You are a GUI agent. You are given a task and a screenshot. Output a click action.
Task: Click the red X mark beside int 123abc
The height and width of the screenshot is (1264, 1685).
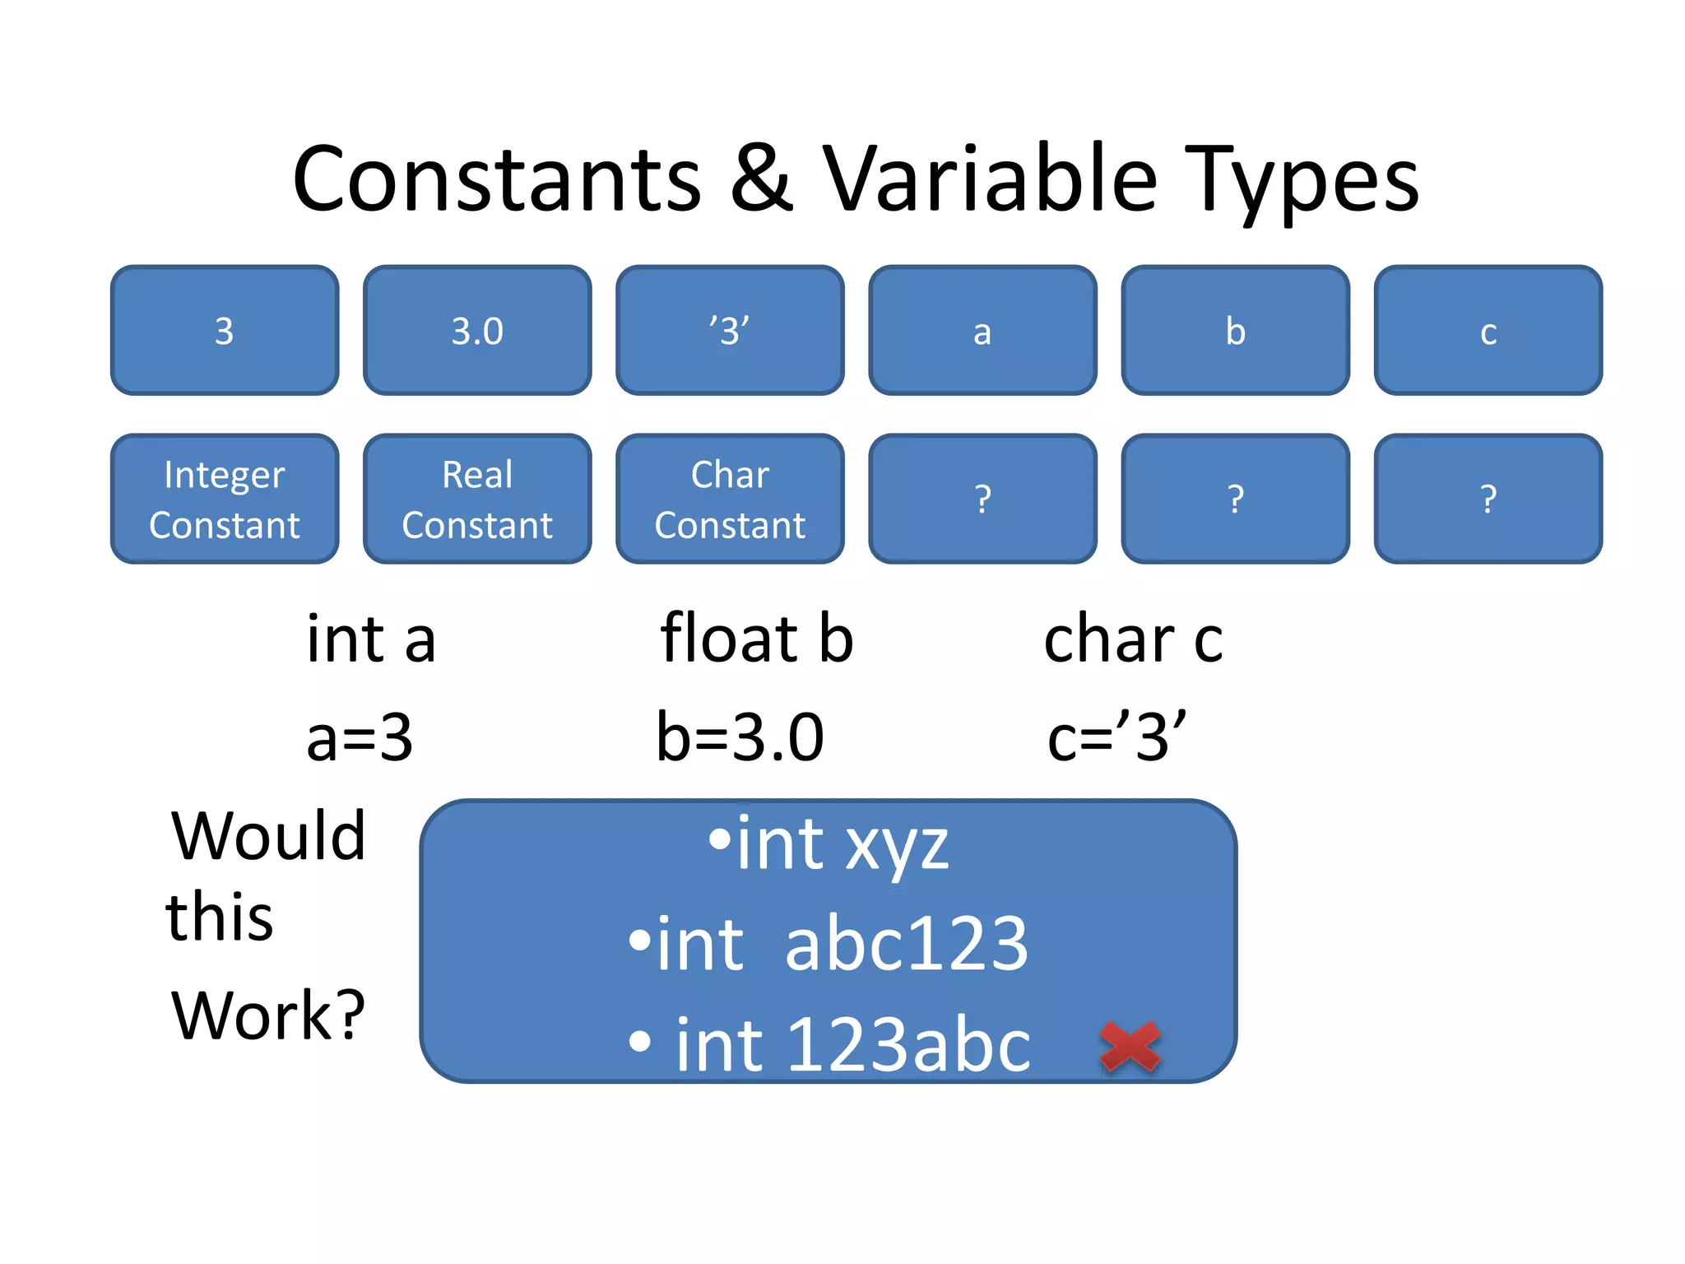1130,1047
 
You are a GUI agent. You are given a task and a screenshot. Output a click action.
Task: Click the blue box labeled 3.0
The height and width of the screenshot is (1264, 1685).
477,331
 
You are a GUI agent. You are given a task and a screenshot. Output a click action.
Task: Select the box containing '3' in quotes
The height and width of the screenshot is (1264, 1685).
730,331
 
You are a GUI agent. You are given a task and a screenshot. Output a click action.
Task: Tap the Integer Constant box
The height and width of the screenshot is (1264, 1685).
225,500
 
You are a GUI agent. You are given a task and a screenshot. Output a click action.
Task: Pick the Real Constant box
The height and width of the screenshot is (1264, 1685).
477,500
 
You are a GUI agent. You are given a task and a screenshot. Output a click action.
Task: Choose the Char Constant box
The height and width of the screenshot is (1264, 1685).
730,500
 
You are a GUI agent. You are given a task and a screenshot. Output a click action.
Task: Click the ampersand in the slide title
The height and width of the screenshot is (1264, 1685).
761,179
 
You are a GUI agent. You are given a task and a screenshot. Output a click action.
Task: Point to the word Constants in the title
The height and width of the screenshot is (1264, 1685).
497,179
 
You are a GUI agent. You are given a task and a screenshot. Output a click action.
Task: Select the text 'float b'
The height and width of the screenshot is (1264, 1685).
757,639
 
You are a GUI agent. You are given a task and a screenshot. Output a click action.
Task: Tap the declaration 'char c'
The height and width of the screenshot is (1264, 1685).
1133,639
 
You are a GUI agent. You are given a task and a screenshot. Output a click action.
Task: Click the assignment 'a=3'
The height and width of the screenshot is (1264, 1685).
360,737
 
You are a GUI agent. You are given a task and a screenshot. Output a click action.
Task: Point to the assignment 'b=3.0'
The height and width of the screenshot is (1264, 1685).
740,737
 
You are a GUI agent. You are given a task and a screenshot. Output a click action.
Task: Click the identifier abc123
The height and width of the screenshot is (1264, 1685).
907,944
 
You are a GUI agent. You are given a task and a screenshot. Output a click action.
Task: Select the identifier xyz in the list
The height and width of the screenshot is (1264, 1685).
897,846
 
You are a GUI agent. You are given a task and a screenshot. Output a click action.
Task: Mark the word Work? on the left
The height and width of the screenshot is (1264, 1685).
268,1015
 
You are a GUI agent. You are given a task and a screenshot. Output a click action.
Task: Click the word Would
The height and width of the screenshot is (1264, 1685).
268,836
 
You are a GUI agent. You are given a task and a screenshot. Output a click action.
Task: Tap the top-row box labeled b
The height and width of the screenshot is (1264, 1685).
1235,331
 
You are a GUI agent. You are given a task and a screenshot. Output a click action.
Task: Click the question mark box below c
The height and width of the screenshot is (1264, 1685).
1488,500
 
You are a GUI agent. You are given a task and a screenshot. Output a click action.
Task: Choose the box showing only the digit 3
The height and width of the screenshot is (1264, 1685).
225,331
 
